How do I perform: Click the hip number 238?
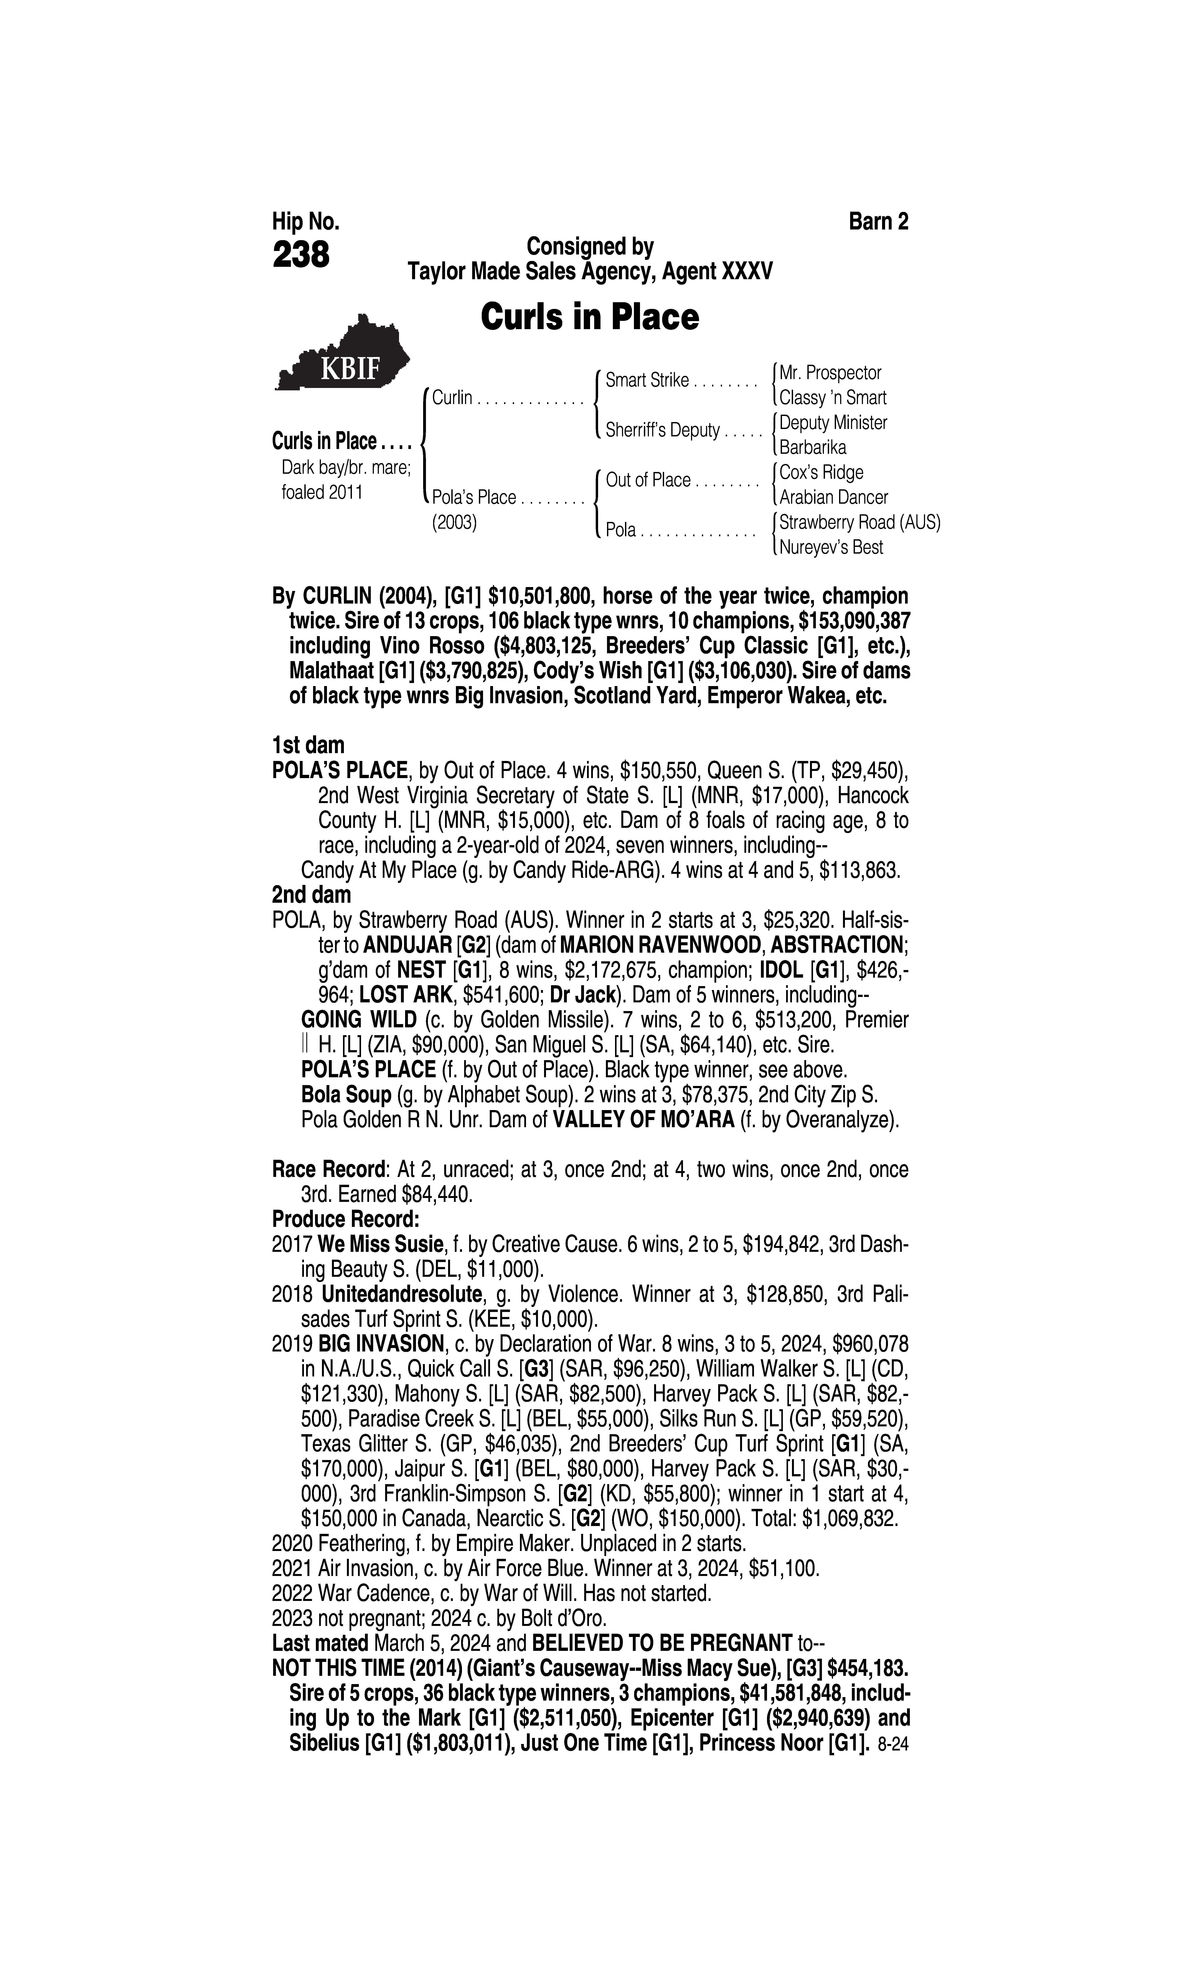click(x=301, y=256)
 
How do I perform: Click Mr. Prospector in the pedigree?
click(x=830, y=372)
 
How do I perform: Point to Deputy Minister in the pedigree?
click(x=832, y=422)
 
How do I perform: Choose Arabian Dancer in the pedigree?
click(x=833, y=497)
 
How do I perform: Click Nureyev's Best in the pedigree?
click(x=831, y=548)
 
